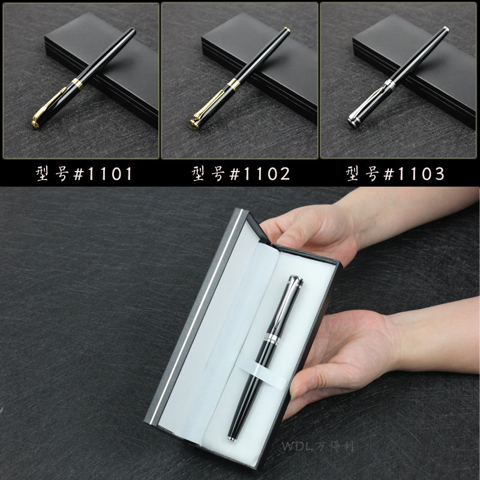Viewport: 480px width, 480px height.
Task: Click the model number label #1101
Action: coord(84,174)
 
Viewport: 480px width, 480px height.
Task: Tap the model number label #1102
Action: coord(241,174)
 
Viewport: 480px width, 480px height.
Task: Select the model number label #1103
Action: coord(395,174)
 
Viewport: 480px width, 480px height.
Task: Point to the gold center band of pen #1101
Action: coord(77,83)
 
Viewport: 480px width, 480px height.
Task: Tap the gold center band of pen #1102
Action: coord(234,85)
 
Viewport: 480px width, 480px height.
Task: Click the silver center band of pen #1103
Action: coord(389,83)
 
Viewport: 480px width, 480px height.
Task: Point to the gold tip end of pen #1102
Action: coord(287,29)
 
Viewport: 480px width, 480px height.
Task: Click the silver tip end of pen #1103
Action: coord(446,29)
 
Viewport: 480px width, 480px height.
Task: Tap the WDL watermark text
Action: coord(318,446)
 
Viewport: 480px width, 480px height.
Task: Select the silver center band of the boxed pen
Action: coord(272,337)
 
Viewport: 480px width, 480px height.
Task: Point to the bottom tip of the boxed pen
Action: coord(232,439)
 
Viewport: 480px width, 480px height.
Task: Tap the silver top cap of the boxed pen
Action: coord(295,280)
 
